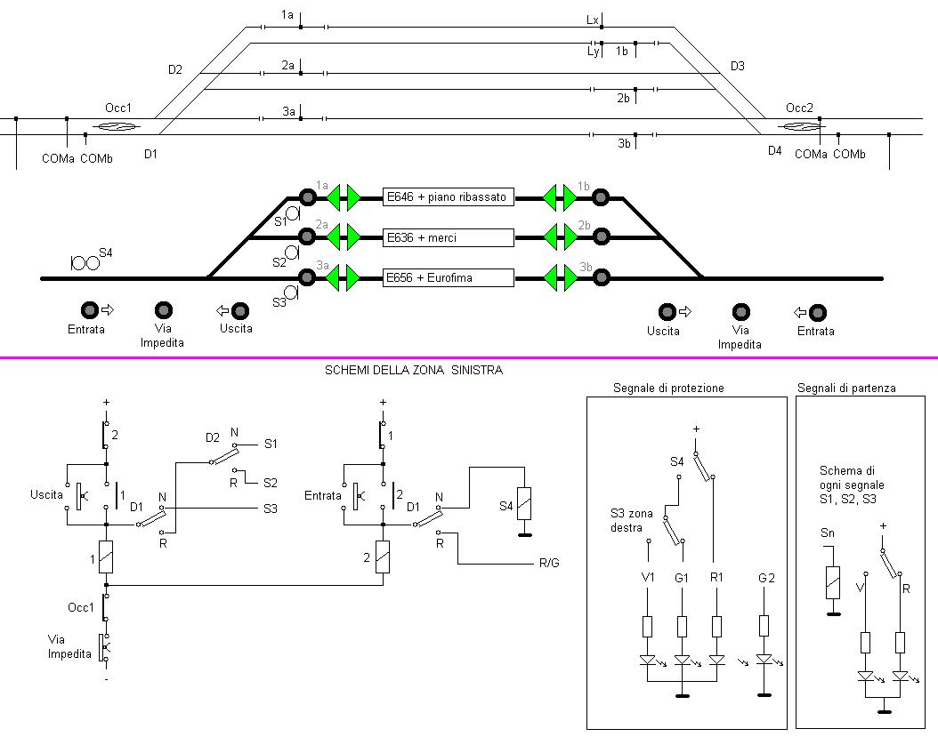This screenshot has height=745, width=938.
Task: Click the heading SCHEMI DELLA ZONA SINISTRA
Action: point(414,371)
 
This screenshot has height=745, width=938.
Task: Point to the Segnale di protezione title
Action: point(668,389)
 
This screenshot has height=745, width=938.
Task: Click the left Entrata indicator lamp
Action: point(90,310)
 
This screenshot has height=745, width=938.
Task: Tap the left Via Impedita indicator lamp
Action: point(164,310)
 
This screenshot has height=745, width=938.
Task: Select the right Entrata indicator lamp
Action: point(816,312)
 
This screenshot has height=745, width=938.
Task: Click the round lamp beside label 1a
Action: point(308,196)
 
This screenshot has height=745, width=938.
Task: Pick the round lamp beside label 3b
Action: point(601,277)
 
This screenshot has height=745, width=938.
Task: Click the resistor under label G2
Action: point(764,624)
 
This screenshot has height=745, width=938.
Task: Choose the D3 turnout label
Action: point(737,66)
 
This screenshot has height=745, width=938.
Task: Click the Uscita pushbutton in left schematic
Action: point(78,495)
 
